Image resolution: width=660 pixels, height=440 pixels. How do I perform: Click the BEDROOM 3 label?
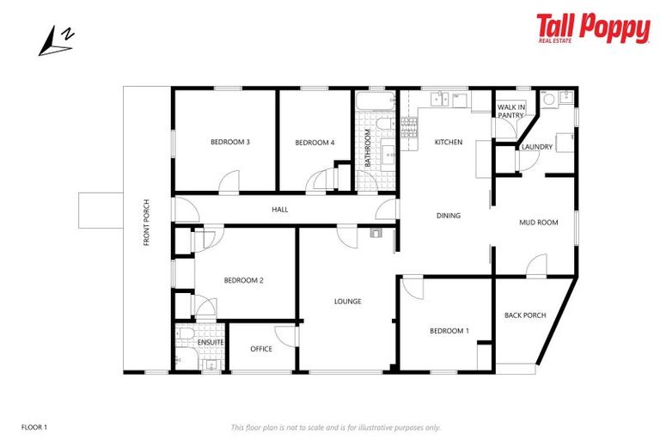pyautogui.click(x=230, y=142)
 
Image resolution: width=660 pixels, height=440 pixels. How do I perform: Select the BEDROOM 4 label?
pyautogui.click(x=314, y=142)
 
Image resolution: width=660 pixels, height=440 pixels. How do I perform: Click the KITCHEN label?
pyautogui.click(x=449, y=142)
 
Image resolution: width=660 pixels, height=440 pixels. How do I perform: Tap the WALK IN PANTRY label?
pyautogui.click(x=510, y=112)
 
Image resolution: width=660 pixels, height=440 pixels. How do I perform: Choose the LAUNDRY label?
pyautogui.click(x=537, y=147)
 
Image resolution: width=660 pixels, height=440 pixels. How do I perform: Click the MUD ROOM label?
pyautogui.click(x=539, y=223)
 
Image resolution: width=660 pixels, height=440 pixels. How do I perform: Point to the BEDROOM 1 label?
pyautogui.click(x=449, y=331)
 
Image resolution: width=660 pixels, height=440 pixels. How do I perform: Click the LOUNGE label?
pyautogui.click(x=348, y=302)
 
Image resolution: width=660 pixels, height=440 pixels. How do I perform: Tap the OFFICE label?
pyautogui.click(x=261, y=349)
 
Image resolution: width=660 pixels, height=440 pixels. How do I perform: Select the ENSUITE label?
pyautogui.click(x=211, y=343)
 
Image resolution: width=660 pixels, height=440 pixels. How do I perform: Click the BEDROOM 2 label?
pyautogui.click(x=243, y=280)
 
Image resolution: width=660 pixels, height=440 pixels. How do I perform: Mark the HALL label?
pyautogui.click(x=280, y=209)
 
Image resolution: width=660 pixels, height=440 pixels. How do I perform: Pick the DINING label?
pyautogui.click(x=449, y=216)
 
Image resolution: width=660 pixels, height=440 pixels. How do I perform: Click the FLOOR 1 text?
pyautogui.click(x=34, y=426)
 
